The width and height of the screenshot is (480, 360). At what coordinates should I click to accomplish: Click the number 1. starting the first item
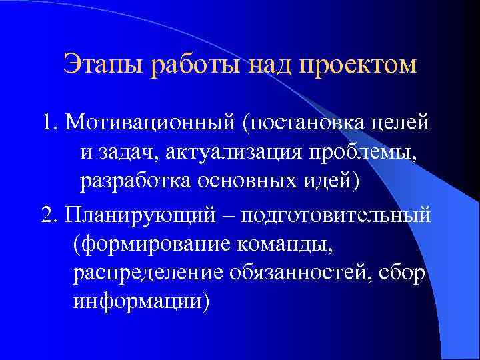click(x=49, y=123)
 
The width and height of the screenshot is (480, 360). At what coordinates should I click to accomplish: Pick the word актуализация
click(x=243, y=152)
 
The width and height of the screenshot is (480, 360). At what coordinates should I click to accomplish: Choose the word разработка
click(x=131, y=181)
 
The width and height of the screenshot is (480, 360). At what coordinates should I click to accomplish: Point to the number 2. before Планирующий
click(x=49, y=216)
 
